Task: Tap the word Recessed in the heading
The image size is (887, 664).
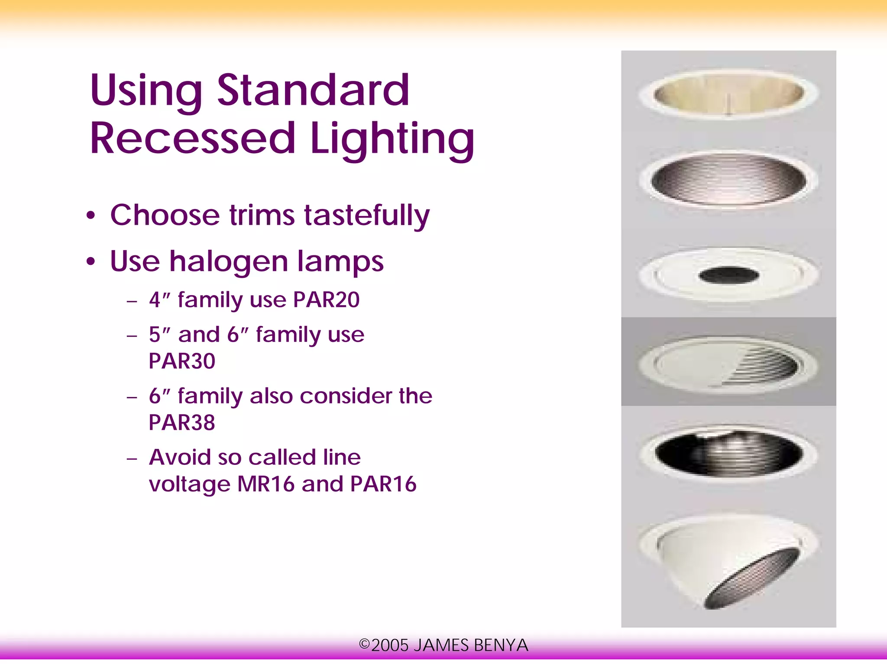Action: tap(192, 138)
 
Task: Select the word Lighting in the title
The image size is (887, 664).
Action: tap(392, 139)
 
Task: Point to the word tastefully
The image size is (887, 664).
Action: tap(367, 215)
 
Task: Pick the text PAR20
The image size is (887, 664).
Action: tap(326, 300)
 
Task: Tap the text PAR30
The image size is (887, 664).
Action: tap(182, 361)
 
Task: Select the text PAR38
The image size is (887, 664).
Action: tap(182, 422)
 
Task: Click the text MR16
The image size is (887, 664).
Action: tap(265, 484)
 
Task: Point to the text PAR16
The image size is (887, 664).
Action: tap(383, 484)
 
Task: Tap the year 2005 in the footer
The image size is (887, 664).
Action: tap(390, 645)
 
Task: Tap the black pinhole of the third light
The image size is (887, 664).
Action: tap(728, 275)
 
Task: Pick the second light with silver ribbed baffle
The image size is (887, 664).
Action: tap(728, 179)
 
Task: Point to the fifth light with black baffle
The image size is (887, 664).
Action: tap(728, 453)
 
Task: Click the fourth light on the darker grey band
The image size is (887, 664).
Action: tap(728, 364)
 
